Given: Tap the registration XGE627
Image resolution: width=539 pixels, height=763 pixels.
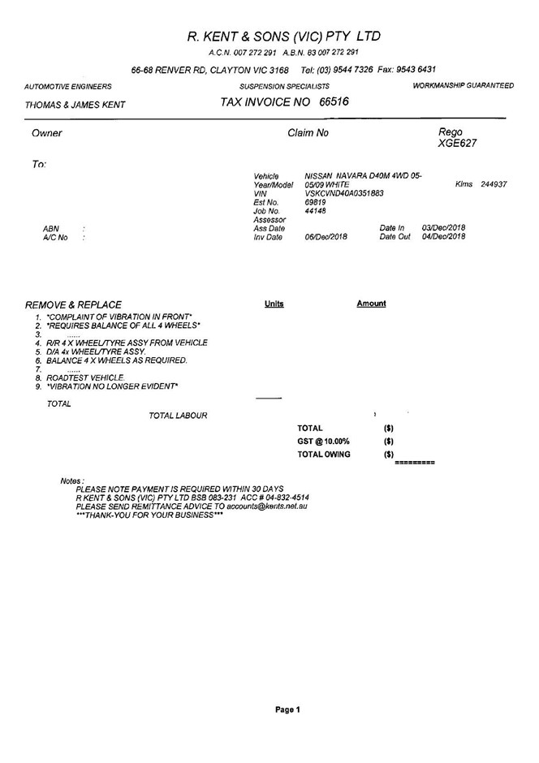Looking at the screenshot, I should [458, 144].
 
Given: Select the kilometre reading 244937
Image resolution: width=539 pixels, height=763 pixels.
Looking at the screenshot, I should [494, 184].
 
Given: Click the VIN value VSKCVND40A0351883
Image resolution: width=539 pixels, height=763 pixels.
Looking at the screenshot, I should [344, 193].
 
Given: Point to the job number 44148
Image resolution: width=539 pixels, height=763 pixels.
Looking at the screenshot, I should [315, 211].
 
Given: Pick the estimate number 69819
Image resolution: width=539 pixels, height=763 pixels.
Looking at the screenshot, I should [315, 202].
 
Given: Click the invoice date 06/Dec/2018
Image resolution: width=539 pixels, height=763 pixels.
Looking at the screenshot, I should [326, 237].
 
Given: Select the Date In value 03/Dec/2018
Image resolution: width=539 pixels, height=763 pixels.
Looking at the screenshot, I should [444, 228].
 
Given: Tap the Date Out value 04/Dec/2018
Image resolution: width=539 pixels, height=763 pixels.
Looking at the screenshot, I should [444, 237].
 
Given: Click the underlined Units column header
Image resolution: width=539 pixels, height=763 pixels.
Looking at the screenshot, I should [274, 304].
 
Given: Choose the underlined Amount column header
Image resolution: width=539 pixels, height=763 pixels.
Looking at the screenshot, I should [371, 304].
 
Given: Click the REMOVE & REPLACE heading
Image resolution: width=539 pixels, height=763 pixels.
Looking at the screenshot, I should [74, 304].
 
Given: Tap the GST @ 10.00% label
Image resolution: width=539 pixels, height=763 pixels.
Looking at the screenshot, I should [323, 441].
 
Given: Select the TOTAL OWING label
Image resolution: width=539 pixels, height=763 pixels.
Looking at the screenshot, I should [324, 455].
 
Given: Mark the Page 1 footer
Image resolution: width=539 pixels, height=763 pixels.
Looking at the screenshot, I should [287, 709].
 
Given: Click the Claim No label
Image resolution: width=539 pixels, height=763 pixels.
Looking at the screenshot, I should [308, 133].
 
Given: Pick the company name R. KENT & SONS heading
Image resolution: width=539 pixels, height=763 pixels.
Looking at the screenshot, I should [284, 37].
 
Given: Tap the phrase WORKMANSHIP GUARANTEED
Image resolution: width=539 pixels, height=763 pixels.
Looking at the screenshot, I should [463, 85].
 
